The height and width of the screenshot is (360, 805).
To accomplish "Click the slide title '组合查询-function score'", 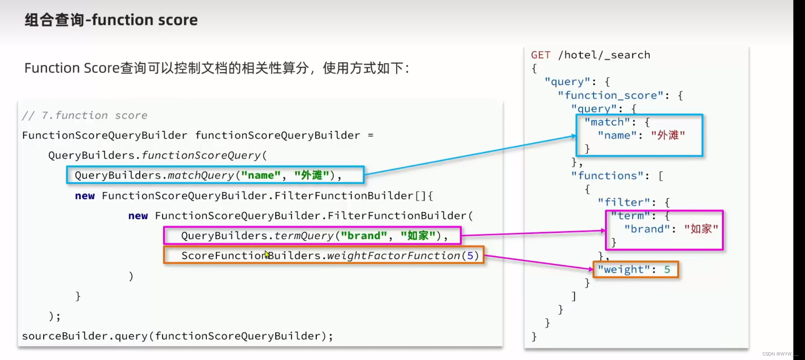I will pos(111,20).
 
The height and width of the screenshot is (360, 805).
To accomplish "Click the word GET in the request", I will pos(541,55).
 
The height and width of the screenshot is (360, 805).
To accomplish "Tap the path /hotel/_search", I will pos(604,55).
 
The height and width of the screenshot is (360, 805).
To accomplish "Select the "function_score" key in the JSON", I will pos(610,96).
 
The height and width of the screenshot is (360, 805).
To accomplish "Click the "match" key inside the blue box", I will pos(607,122).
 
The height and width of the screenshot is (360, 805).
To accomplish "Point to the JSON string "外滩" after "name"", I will pos(668,136).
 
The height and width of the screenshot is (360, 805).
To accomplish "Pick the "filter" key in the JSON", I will pos(624,202).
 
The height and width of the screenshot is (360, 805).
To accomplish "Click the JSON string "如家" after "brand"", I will pos(701,229).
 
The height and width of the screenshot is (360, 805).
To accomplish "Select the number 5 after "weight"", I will pos(667,270).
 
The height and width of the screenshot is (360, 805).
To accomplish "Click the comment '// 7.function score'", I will pos(85,116).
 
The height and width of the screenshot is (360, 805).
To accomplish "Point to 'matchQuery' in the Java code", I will pos(201,175).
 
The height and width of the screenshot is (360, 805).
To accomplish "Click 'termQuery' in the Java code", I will pos(304,236).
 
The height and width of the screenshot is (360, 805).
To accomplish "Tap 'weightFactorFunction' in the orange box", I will pos(394,256).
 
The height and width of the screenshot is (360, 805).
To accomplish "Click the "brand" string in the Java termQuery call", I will pos(364,236).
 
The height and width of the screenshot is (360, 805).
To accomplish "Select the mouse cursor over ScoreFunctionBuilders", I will pos(267,255).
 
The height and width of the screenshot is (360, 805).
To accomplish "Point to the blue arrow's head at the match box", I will pos(574,136).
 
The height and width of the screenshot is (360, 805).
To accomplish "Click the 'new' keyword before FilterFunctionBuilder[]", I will pos(85,196).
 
